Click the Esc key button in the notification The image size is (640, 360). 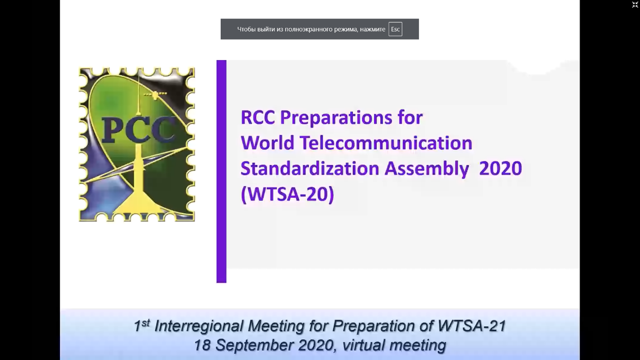click(395, 29)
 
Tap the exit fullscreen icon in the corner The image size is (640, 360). click(635, 4)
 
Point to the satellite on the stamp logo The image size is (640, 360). click(155, 95)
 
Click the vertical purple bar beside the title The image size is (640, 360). click(222, 171)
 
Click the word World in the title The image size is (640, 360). click(267, 143)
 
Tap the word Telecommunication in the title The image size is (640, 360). click(386, 143)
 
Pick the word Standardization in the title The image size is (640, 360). click(310, 168)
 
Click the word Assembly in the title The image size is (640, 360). click(427, 169)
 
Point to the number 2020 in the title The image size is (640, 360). click(501, 168)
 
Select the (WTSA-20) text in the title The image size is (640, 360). click(287, 195)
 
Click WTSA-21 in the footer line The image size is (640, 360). click(472, 326)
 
